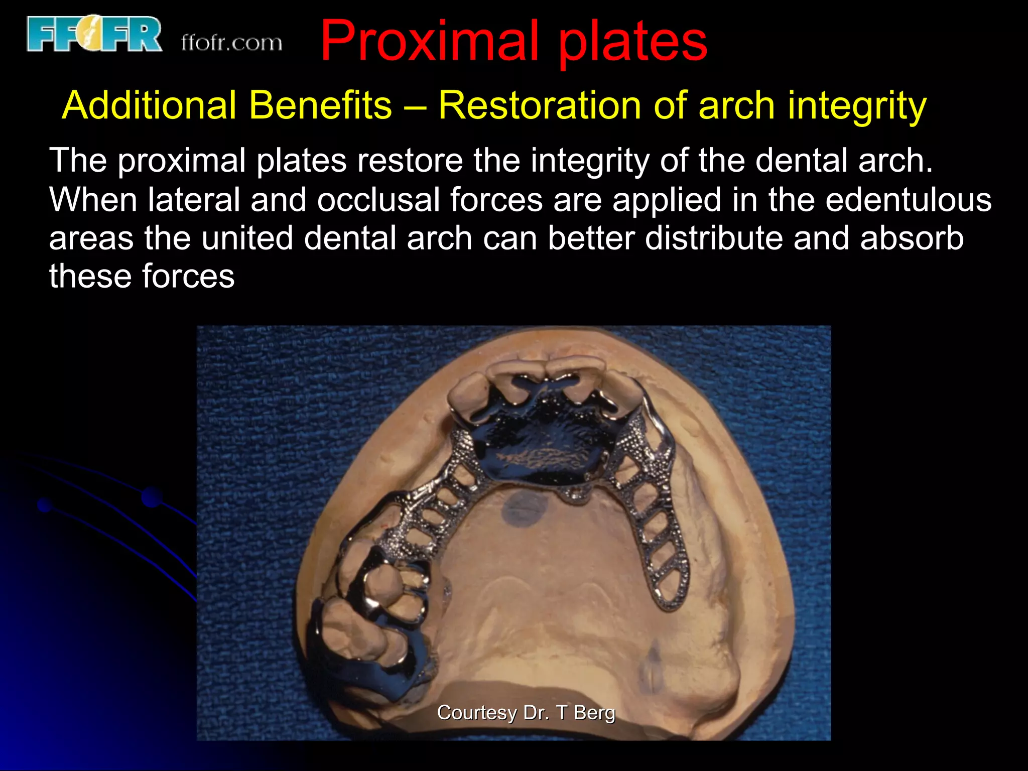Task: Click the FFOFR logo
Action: coord(94,34)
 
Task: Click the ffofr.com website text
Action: coord(231,43)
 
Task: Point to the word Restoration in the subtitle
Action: coord(539,106)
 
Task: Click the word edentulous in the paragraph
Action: coord(908,200)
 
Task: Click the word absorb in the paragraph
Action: coord(912,238)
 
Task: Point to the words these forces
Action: coord(142,276)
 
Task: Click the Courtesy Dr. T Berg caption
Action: coord(526,712)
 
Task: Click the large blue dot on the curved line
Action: coord(151,497)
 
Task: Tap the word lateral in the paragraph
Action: coord(193,200)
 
